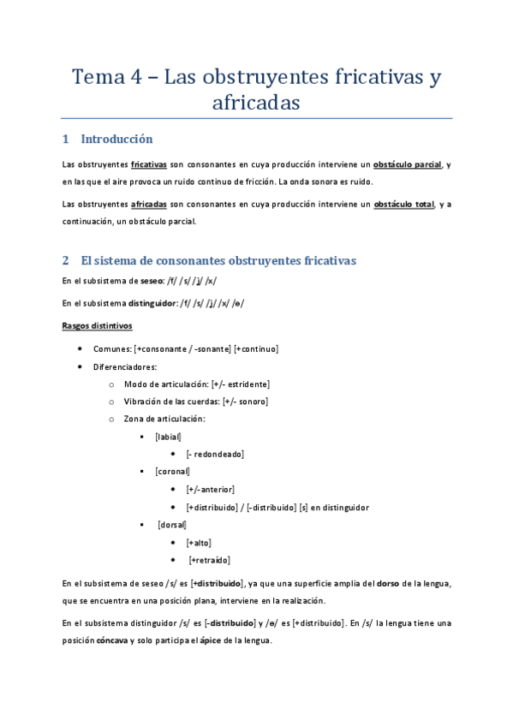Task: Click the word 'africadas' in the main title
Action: (x=256, y=104)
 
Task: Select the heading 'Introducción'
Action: (x=116, y=139)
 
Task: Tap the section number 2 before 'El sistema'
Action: (x=66, y=260)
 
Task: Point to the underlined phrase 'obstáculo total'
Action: (x=404, y=204)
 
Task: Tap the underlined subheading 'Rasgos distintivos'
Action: (x=97, y=325)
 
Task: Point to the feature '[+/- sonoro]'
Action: (x=245, y=401)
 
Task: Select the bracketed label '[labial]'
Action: (x=168, y=437)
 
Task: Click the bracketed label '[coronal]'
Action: (x=172, y=471)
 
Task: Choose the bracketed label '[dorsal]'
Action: (x=172, y=524)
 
